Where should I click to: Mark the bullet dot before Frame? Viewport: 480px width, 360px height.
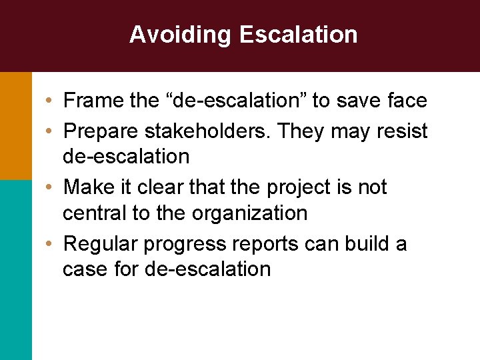point(50,101)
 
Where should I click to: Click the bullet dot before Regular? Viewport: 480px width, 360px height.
point(50,245)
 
